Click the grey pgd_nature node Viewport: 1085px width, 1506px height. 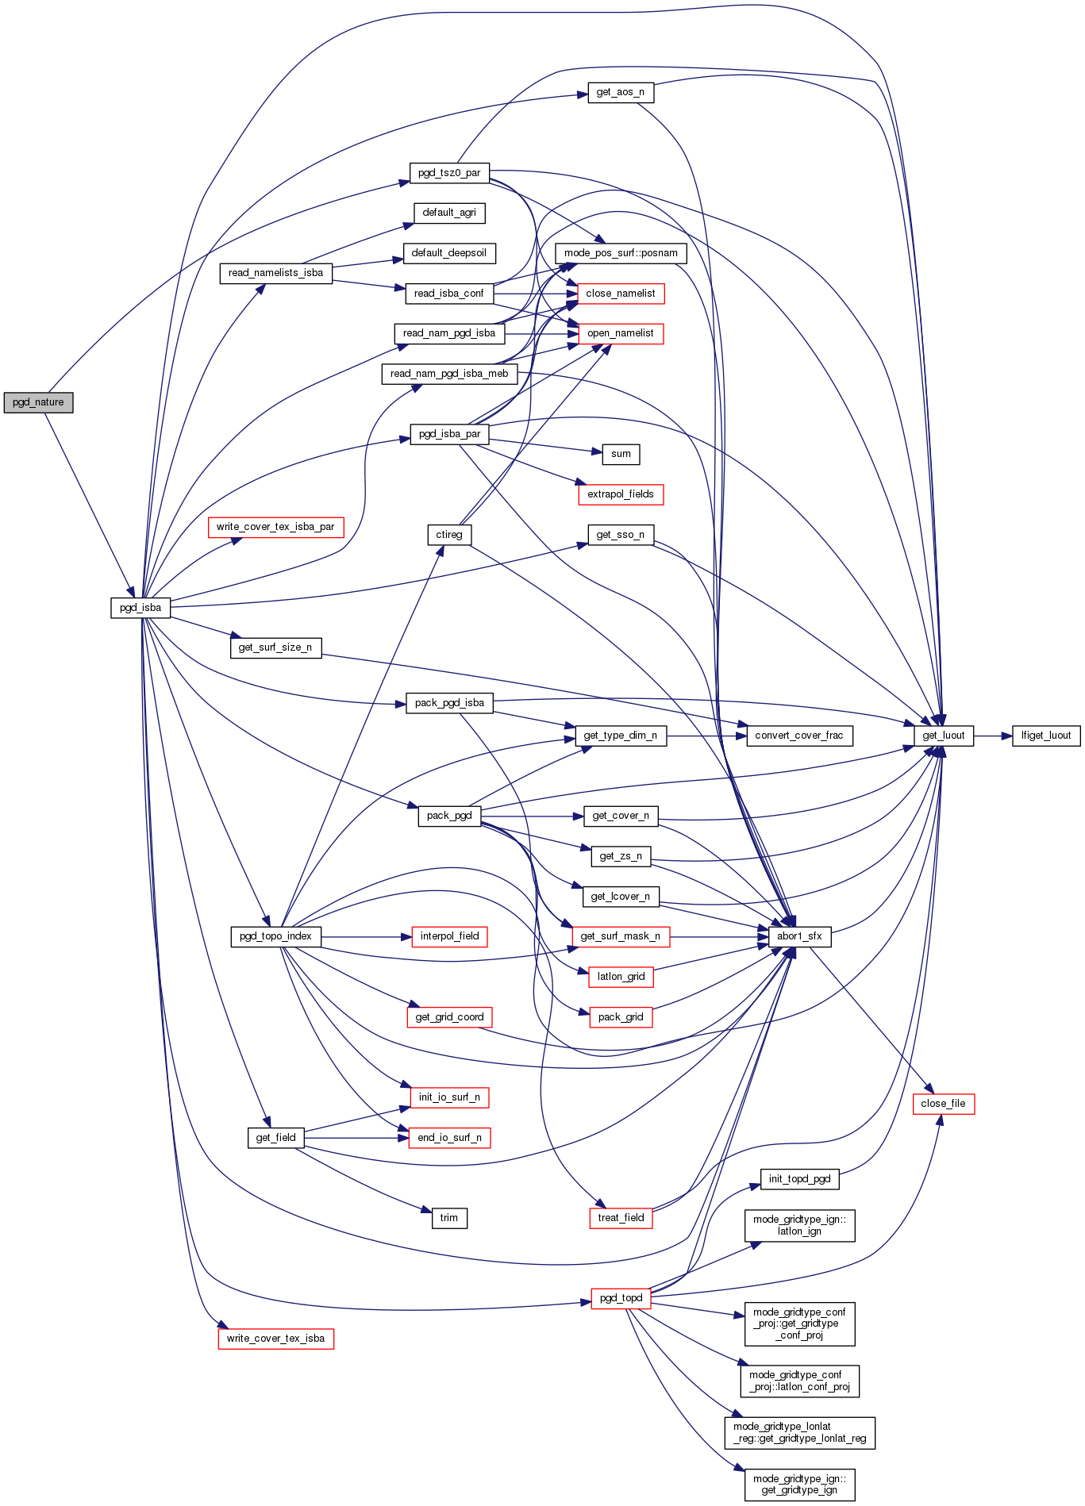pyautogui.click(x=38, y=402)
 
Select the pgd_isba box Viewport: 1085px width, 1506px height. pyautogui.click(x=140, y=608)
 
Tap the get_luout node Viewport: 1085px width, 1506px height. pyautogui.click(x=943, y=736)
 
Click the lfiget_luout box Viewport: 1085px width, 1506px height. pyautogui.click(x=1045, y=736)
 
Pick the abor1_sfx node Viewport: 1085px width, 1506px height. pyautogui.click(x=799, y=936)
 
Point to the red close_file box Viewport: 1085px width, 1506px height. pyautogui.click(x=943, y=1104)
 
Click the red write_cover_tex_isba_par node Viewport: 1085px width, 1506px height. pyautogui.click(x=275, y=527)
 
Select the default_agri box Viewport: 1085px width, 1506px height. pyautogui.click(x=449, y=213)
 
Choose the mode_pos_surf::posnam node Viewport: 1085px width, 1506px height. pyautogui.click(x=621, y=253)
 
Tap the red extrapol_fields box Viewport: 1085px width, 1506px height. pyautogui.click(x=621, y=494)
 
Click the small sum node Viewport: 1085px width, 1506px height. pyautogui.click(x=621, y=454)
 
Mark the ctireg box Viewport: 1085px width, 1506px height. pyautogui.click(x=449, y=535)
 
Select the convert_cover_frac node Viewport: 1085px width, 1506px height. pyautogui.click(x=799, y=736)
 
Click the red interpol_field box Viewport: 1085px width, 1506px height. pyautogui.click(x=449, y=936)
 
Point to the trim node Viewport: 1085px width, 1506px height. pyautogui.click(x=449, y=1218)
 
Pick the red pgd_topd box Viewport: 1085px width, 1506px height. pyautogui.click(x=621, y=1298)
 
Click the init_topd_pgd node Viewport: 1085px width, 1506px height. pyautogui.click(x=799, y=1179)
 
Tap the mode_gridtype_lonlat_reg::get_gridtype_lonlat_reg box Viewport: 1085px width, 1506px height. pyautogui.click(x=799, y=1432)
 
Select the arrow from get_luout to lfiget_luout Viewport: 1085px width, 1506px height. pyautogui.click(x=993, y=736)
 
